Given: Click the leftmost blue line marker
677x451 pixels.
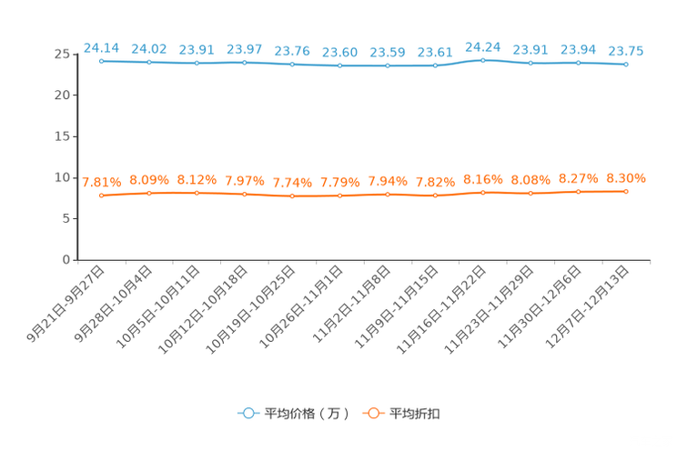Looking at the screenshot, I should coord(102,61).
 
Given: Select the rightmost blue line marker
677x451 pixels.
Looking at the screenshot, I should coord(626,65).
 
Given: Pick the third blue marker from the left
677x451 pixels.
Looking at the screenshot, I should coord(197,63).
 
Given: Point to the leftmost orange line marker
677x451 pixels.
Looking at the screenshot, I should coord(102,195).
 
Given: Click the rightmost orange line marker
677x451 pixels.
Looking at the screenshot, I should coord(626,191).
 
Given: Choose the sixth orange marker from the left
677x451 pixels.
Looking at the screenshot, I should coord(339,195).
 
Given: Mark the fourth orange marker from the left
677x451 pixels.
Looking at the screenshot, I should coord(244,195).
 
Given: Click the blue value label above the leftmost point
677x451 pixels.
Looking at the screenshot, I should coord(101,46).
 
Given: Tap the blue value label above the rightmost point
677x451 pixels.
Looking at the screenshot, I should coord(626,50).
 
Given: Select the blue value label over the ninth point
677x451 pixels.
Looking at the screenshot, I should coord(482,45).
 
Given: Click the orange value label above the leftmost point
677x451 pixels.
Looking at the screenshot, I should coord(101,181).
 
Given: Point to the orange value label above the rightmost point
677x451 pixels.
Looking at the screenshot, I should coord(626,176).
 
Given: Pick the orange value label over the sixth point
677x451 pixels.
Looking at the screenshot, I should coord(339,183).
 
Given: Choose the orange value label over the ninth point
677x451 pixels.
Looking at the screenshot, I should coord(482,178).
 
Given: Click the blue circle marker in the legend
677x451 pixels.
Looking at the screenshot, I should coord(248,414).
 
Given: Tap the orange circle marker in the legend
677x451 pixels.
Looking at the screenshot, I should coord(372,414).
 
